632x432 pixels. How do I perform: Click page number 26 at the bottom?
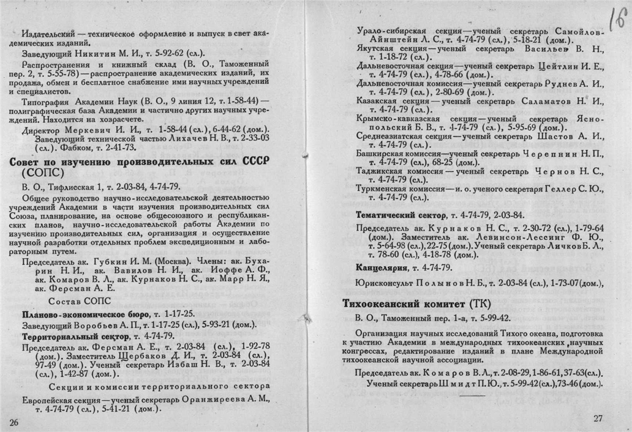15,422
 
